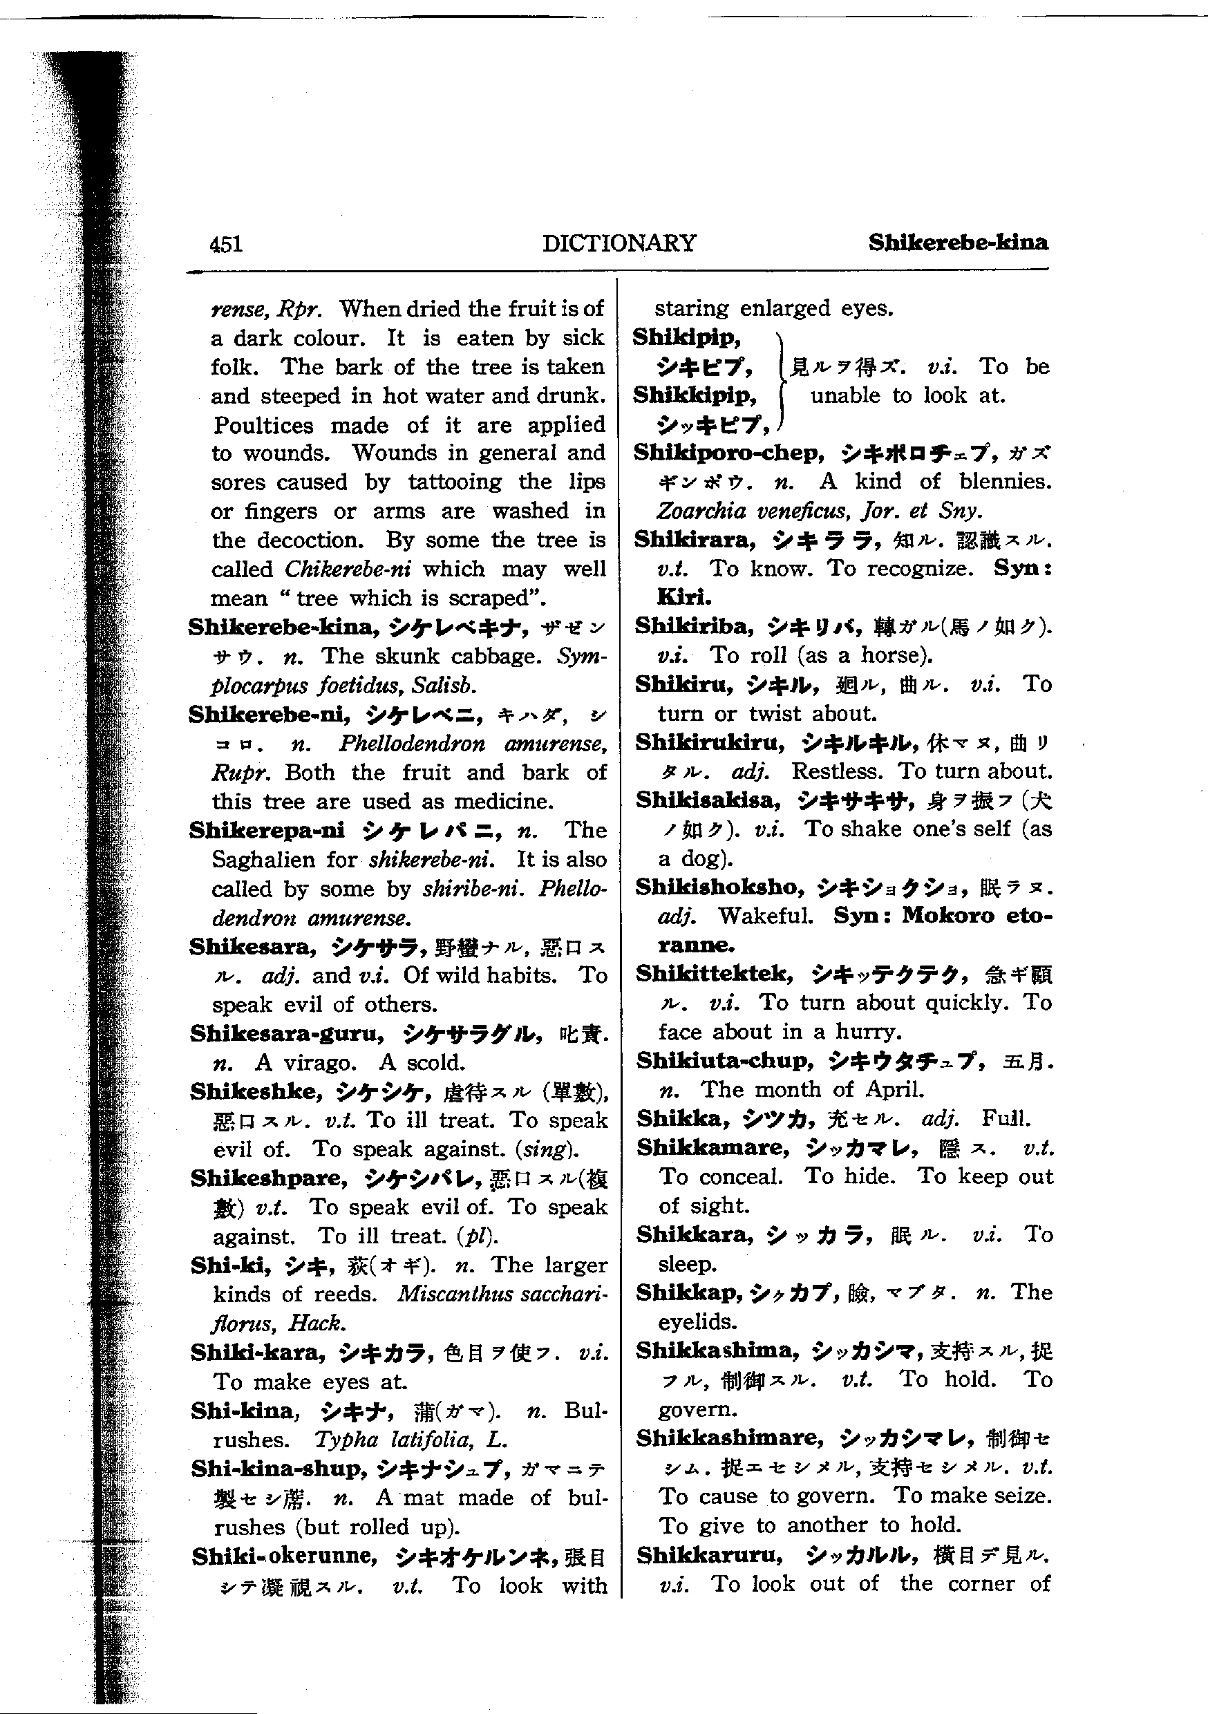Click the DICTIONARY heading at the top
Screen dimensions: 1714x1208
coord(619,243)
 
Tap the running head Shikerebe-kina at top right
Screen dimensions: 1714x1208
coord(958,243)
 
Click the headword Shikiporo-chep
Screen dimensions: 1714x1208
coord(728,453)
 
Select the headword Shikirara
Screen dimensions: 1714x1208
coord(695,540)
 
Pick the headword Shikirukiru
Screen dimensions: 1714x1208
coord(710,743)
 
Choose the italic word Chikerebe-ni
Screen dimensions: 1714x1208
coord(347,569)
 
